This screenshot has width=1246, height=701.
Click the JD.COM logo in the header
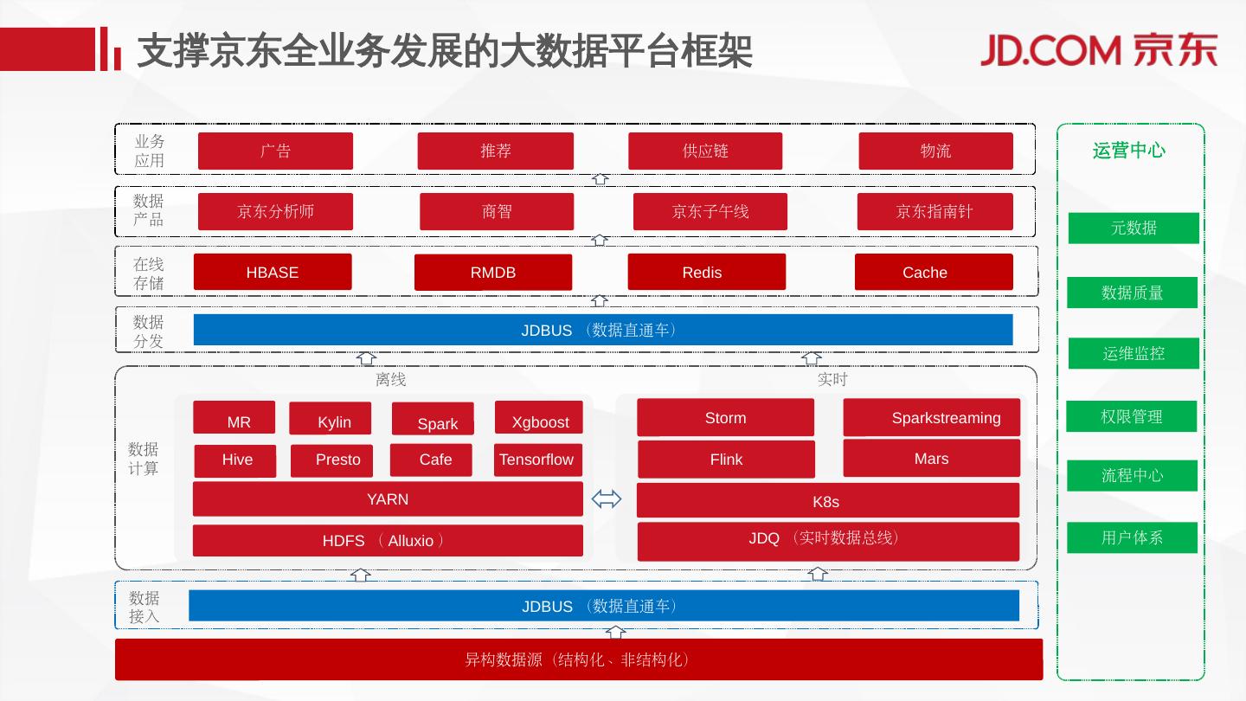point(1099,50)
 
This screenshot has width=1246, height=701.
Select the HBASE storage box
point(273,272)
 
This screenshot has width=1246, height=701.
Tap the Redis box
point(706,272)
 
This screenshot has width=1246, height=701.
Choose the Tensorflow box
point(536,460)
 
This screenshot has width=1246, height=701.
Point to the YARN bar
point(388,499)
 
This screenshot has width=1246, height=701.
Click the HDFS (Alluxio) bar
point(388,541)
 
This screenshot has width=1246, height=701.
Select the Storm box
point(725,418)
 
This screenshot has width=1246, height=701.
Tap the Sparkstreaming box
point(931,418)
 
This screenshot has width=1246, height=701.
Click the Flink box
point(726,460)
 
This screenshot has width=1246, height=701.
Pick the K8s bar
point(827,501)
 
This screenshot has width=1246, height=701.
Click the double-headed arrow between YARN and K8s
point(606,499)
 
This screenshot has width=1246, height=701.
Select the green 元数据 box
point(1134,228)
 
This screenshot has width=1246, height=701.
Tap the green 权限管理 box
point(1131,416)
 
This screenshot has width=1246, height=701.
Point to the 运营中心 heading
point(1128,151)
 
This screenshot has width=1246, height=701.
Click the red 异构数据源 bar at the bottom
point(578,659)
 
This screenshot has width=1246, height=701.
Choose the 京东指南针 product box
point(934,212)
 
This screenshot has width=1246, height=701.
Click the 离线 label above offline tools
point(390,379)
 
